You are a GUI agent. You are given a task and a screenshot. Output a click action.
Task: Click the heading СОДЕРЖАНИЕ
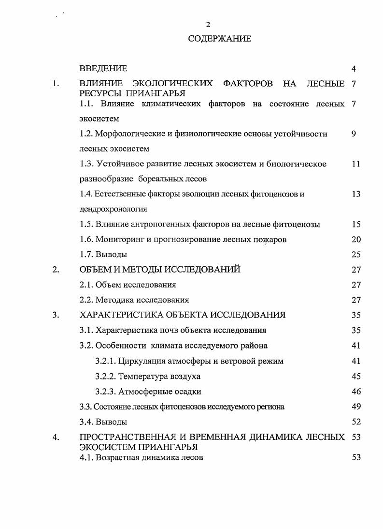pos(220,39)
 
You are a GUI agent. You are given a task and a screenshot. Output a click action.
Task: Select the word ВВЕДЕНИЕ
pos(103,68)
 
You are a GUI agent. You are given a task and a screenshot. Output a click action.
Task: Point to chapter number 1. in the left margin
pos(56,84)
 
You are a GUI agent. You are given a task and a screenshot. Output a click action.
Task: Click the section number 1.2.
pos(86,134)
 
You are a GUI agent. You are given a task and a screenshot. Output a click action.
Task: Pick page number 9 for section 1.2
pos(354,134)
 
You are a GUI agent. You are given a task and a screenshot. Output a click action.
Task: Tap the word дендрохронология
pos(113,209)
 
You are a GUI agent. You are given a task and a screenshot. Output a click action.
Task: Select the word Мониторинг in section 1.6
pos(117,239)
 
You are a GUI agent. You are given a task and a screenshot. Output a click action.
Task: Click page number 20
pos(356,239)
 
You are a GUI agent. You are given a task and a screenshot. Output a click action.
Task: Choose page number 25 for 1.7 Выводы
pos(356,254)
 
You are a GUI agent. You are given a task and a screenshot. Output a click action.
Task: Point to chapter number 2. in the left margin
pos(56,270)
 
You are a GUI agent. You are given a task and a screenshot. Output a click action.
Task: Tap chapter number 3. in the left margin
pos(56,315)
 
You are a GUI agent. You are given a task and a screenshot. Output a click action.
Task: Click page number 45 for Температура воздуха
pos(356,376)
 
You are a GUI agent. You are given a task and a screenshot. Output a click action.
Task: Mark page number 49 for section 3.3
pos(356,407)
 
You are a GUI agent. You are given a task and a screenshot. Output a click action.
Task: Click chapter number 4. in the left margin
pos(56,438)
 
